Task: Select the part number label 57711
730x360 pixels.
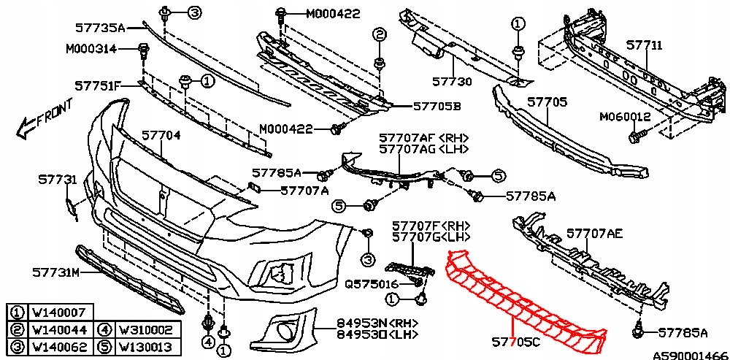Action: coord(644,46)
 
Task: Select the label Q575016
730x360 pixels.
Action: coord(372,283)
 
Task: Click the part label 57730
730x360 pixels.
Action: coord(452,82)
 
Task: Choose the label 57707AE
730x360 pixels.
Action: coord(595,234)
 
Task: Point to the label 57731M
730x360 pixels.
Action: coord(55,272)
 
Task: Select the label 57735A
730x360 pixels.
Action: coord(100,28)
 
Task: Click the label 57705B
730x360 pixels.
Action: coord(437,106)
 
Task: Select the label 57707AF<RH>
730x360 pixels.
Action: coord(423,137)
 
